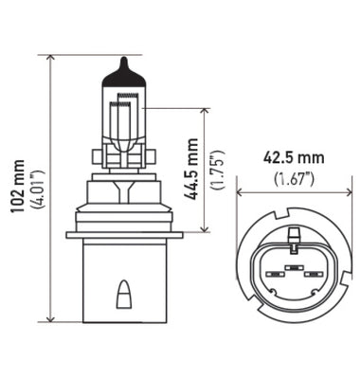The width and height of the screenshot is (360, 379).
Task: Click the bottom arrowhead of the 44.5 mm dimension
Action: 205,228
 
